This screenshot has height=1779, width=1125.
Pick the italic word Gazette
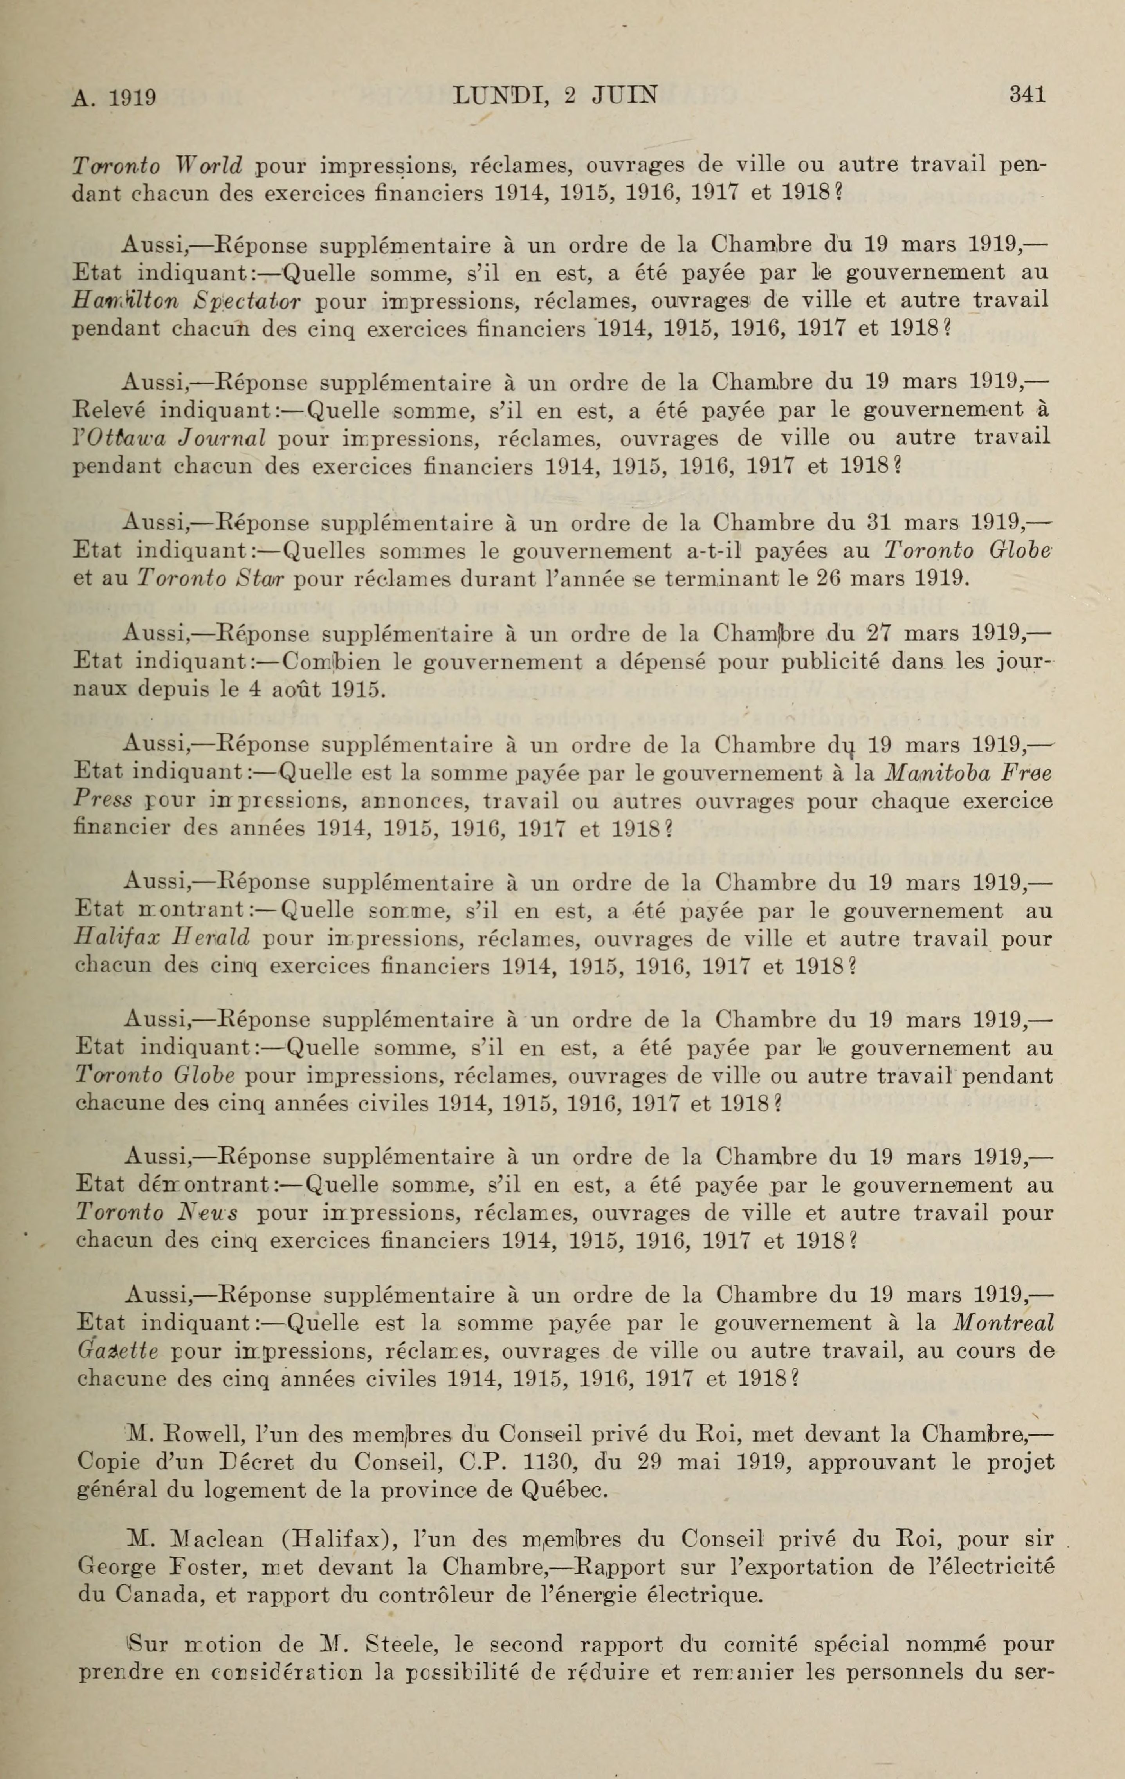(x=117, y=1352)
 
